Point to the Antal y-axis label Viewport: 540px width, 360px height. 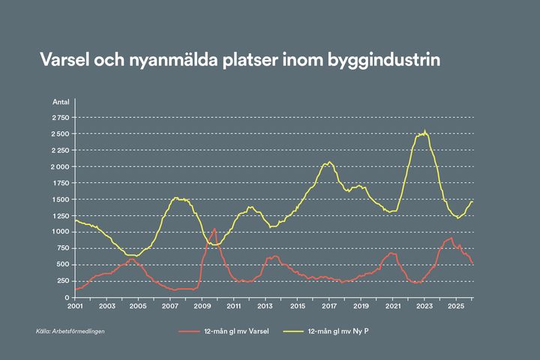tap(61, 101)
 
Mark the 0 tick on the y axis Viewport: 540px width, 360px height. tap(67, 298)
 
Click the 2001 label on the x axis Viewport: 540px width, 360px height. tap(75, 307)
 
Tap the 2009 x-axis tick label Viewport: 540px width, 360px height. tap(202, 307)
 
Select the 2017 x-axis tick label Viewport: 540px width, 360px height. tap(329, 307)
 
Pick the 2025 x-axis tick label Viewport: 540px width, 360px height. tap(456, 307)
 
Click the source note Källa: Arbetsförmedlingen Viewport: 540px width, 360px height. tap(70, 331)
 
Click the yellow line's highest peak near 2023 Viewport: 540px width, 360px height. tap(424, 131)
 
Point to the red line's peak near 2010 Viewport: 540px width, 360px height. tap(214, 229)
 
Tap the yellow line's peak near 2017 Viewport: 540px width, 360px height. tap(328, 162)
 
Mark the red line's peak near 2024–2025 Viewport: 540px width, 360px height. tap(451, 238)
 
